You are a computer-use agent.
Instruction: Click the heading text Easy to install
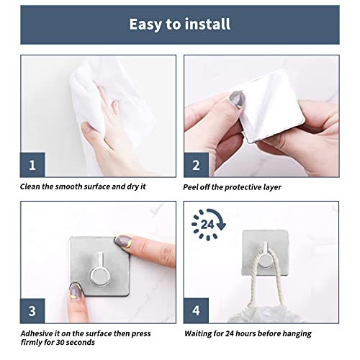click(x=179, y=24)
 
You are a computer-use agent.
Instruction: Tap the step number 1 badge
click(x=31, y=165)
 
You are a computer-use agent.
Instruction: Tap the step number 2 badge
click(x=197, y=165)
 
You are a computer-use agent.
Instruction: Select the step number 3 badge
click(x=31, y=311)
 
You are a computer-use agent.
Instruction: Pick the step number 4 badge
click(x=197, y=311)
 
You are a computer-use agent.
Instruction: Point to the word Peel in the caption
click(x=194, y=186)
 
